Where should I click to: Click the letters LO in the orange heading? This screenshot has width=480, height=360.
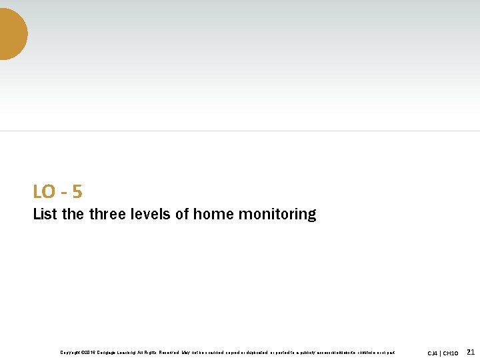[44, 192]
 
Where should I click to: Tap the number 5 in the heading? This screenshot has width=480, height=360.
[77, 192]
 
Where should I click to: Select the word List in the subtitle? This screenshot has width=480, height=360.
[45, 215]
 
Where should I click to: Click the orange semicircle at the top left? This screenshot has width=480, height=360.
[11, 33]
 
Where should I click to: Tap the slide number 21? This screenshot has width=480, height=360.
[470, 352]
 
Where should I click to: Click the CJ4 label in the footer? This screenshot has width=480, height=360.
[433, 353]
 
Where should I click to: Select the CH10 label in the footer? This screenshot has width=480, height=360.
[451, 353]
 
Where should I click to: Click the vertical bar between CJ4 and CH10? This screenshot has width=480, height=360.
[441, 353]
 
